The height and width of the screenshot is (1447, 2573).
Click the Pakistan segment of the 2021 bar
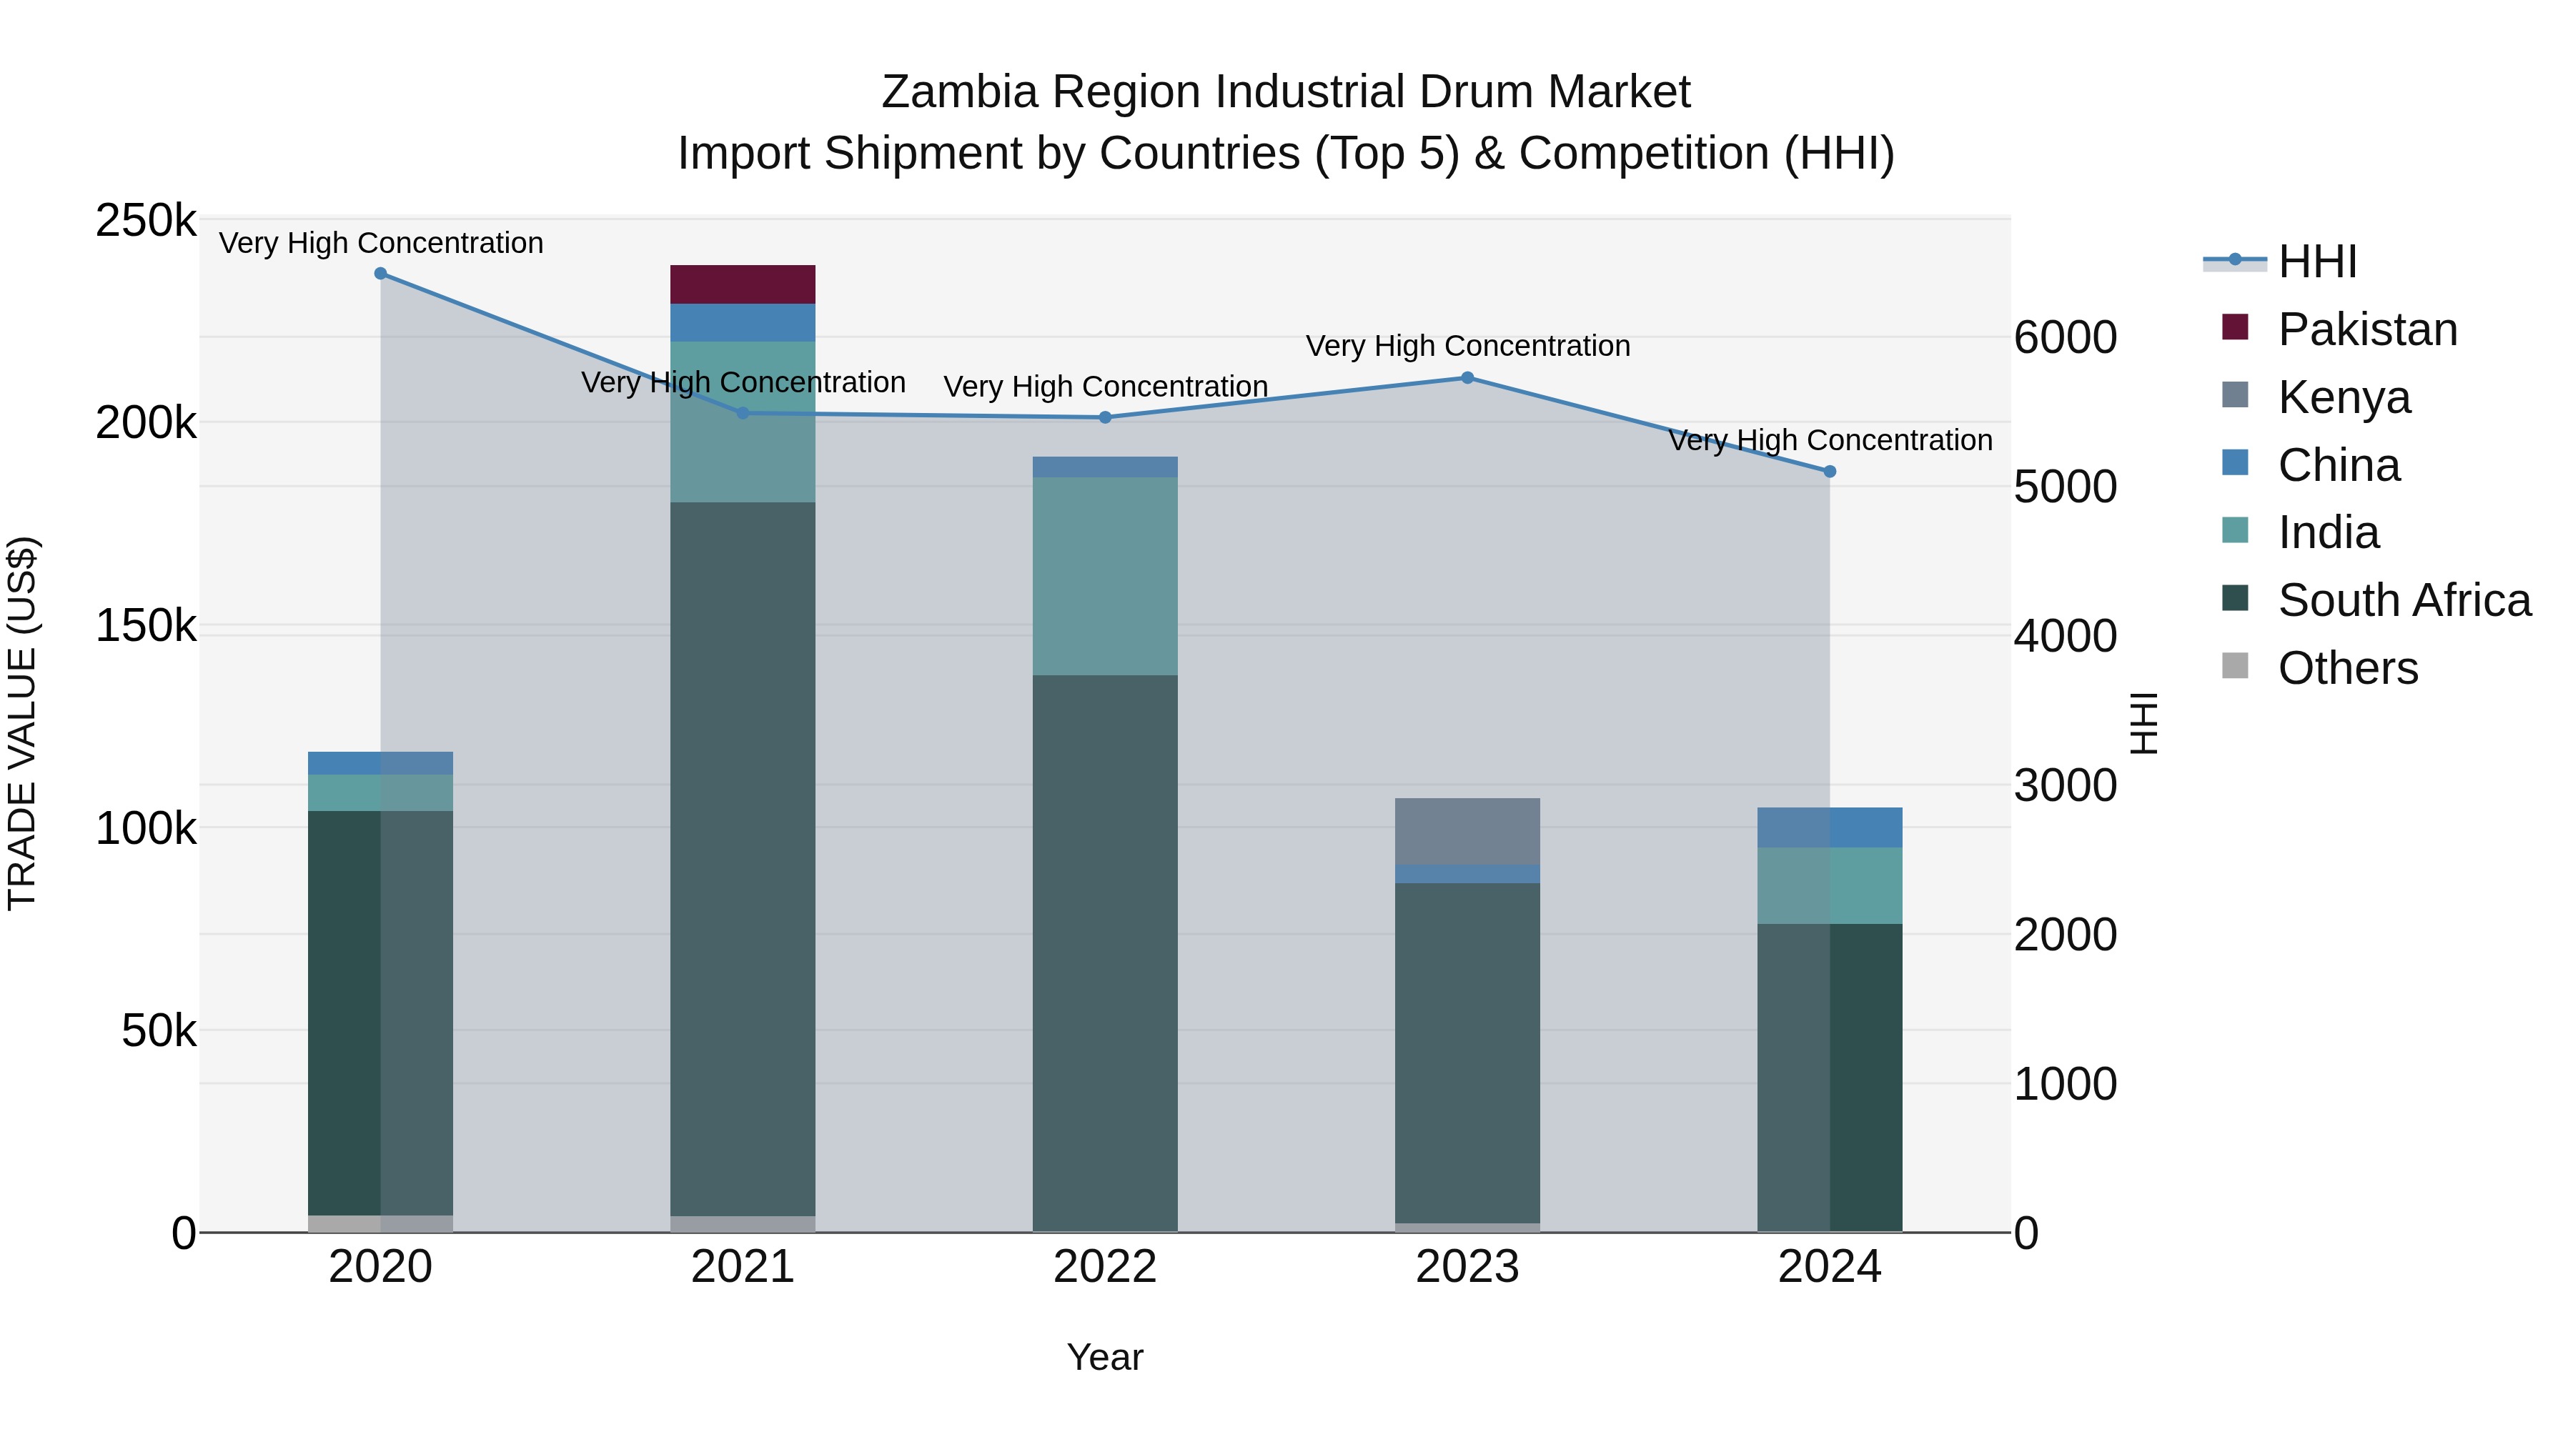(742, 284)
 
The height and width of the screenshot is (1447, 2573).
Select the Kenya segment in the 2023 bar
(1467, 831)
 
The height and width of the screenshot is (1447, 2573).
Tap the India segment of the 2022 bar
(1105, 576)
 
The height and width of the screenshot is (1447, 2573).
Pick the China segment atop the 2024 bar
(1829, 828)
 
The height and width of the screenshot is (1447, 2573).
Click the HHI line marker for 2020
(380, 274)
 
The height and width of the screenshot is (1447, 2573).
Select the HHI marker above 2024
(1830, 472)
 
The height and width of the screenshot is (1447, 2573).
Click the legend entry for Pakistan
(2366, 329)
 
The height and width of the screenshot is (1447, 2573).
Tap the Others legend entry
(2347, 668)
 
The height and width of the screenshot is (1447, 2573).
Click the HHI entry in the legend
(2317, 262)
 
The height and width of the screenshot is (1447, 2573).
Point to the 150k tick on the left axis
(146, 626)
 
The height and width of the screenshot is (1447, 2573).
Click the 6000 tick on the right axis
(2065, 337)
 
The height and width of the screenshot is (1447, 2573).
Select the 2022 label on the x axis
(1105, 1267)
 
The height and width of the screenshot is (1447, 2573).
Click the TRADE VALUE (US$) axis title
(22, 723)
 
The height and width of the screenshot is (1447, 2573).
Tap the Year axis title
(1105, 1357)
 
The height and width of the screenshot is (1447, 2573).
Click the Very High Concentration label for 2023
(1467, 346)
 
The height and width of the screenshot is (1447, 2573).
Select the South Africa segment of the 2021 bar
(742, 859)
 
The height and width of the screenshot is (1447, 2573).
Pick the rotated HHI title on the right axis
(2144, 723)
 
